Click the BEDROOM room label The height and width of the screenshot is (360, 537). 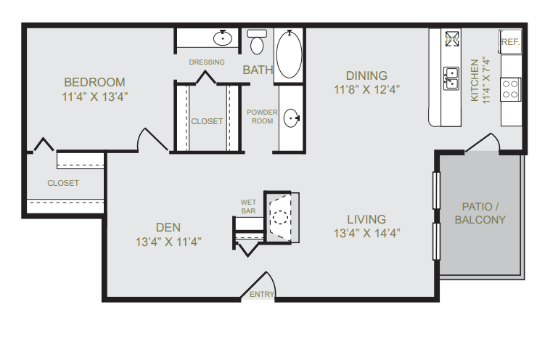tap(94, 82)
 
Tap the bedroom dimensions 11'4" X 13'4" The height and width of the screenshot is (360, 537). tap(94, 96)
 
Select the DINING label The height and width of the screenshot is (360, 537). tap(366, 75)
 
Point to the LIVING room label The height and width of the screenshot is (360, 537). tap(366, 219)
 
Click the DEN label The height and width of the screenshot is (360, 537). tap(168, 227)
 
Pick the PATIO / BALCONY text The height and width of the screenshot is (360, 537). tap(480, 213)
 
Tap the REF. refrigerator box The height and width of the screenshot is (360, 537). tap(510, 42)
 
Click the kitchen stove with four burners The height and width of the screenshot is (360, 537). tap(511, 89)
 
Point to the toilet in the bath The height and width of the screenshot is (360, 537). tap(256, 43)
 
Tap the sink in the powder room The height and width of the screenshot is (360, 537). tap(292, 118)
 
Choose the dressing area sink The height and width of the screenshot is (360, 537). tap(221, 38)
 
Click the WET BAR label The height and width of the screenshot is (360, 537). tap(248, 206)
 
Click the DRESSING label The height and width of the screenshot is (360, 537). tap(207, 62)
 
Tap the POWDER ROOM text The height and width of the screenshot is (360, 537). tap(262, 116)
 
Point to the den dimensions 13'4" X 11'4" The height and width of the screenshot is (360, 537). tap(168, 242)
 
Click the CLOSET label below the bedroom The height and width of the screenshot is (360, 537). tap(63, 183)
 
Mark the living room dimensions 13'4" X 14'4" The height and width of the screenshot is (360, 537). tap(366, 234)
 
